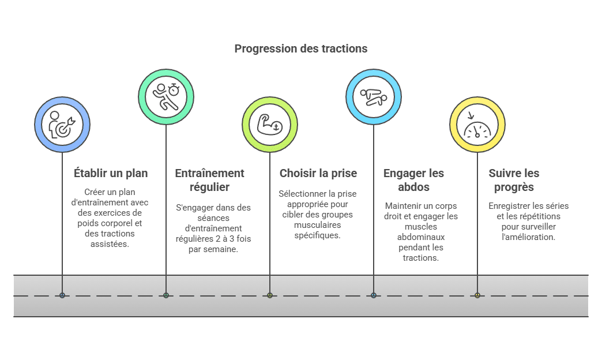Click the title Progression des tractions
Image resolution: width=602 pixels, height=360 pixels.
pos(300,48)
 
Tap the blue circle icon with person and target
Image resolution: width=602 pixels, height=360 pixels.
pos(62,124)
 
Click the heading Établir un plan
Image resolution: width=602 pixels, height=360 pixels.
pos(111,173)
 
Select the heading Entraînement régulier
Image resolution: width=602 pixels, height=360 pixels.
pos(209,180)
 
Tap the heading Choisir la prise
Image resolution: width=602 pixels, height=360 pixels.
pos(318,173)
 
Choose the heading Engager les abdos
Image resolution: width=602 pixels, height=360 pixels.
pos(413,180)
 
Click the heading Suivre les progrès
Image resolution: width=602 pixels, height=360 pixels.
pos(514,180)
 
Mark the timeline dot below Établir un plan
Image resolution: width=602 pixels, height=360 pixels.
pos(62,295)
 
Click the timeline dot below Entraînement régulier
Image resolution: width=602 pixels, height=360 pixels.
pos(166,295)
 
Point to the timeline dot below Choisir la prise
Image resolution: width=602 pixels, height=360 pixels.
pos(270,295)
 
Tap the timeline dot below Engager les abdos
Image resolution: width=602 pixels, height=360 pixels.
pos(374,295)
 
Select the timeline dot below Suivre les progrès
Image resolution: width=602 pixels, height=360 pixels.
pos(477,295)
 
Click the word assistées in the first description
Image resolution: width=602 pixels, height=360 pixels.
pos(110,244)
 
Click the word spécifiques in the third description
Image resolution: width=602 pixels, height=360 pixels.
pos(317,236)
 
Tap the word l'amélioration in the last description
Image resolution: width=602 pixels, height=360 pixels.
pos(522,237)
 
